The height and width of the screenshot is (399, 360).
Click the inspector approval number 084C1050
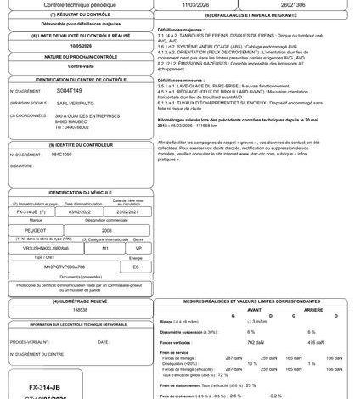(x=62, y=155)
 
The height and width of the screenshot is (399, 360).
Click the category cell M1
(x=105, y=247)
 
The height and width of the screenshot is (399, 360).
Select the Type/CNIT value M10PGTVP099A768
(x=65, y=265)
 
